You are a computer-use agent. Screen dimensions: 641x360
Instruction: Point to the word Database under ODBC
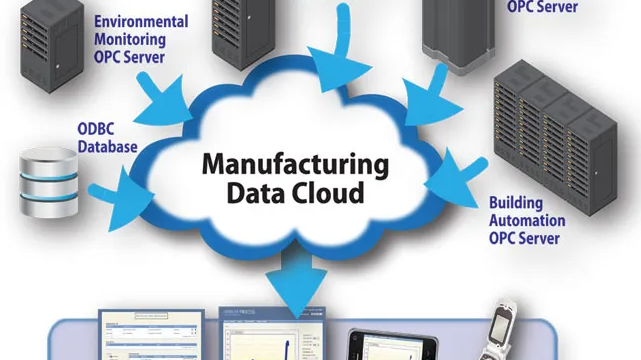click(x=107, y=146)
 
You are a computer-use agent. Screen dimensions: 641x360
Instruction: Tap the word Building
click(x=516, y=203)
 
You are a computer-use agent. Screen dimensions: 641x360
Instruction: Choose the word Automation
click(x=528, y=220)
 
